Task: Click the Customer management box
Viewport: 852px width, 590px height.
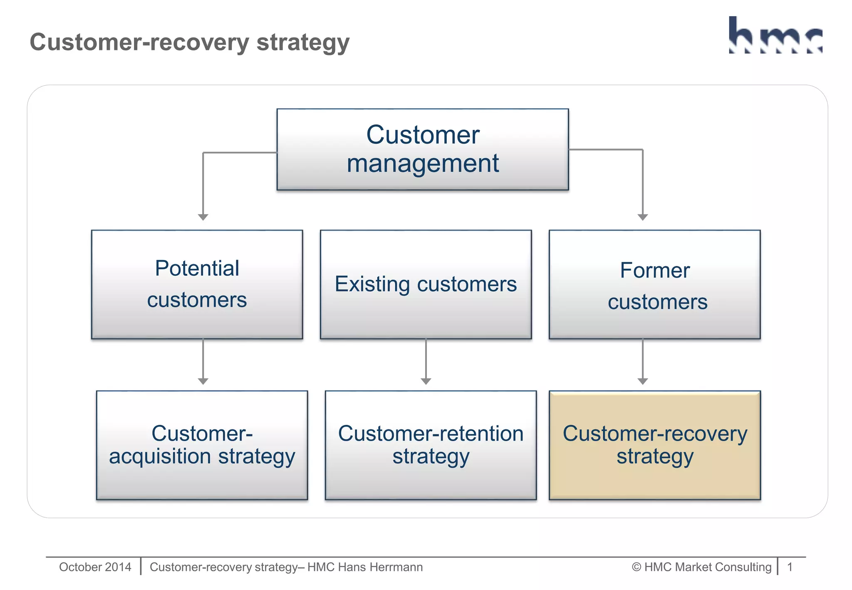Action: (x=422, y=149)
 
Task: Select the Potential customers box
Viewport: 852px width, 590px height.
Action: (x=197, y=284)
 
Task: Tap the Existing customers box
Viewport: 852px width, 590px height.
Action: (x=426, y=284)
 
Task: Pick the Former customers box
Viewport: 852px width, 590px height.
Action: (x=654, y=284)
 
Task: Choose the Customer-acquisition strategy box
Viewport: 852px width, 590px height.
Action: (x=202, y=445)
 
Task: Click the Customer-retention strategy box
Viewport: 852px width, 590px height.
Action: (x=431, y=445)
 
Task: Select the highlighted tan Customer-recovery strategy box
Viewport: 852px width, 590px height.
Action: (x=654, y=445)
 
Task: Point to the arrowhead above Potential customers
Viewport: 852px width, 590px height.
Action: (x=203, y=217)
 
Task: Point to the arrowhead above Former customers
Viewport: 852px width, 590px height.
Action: (x=643, y=217)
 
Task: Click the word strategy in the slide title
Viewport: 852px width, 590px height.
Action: (x=303, y=43)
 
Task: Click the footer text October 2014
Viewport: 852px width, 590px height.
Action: (x=95, y=567)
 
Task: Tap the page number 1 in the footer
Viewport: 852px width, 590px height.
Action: (x=790, y=567)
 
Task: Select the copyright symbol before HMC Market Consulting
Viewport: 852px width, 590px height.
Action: (x=636, y=567)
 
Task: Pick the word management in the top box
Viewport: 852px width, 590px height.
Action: (x=422, y=164)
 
